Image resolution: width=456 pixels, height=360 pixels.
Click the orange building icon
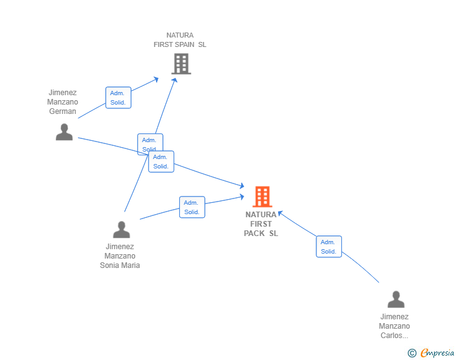(262, 197)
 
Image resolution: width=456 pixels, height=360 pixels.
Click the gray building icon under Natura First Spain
(181, 64)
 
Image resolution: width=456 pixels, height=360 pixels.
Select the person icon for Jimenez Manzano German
(65, 132)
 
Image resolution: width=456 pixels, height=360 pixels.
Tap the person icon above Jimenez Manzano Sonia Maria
(122, 229)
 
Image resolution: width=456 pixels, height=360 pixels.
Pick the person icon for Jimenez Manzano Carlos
(396, 299)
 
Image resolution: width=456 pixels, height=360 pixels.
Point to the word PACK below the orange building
(254, 233)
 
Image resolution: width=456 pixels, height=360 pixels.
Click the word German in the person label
(63, 111)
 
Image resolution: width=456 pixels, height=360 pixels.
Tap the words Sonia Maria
(120, 265)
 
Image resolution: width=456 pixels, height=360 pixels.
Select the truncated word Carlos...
(395, 336)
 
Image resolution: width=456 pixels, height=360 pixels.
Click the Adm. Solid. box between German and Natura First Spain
(118, 98)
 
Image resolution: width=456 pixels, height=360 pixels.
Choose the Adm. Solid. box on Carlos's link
(329, 247)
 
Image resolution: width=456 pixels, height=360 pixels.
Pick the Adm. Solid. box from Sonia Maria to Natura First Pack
(192, 207)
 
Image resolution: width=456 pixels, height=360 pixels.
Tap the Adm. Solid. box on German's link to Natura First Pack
(161, 162)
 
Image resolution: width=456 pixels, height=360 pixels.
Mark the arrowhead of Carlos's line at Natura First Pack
(280, 213)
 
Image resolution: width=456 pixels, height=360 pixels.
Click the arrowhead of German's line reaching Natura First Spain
(156, 79)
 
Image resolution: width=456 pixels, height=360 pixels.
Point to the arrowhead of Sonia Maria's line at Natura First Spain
(175, 80)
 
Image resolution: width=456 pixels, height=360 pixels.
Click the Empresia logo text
(437, 352)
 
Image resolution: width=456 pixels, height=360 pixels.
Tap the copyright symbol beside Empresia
(412, 353)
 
